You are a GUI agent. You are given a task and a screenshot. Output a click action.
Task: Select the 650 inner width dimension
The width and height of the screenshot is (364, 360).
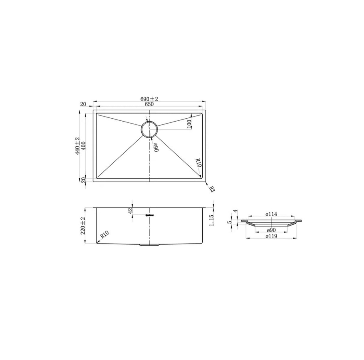149,104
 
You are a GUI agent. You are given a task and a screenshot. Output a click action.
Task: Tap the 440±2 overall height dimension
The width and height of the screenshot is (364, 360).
78,146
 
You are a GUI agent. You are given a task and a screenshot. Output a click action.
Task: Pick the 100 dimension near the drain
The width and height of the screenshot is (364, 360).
189,123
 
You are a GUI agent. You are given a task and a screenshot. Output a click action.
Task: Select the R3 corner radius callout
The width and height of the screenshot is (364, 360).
212,189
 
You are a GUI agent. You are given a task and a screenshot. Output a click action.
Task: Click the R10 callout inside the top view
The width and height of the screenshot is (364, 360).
198,164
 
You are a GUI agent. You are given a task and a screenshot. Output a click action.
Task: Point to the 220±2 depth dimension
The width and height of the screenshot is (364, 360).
83,225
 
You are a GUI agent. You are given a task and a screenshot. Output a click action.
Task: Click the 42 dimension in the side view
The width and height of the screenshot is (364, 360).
130,211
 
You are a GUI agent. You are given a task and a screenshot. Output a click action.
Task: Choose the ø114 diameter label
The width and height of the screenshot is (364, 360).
271,214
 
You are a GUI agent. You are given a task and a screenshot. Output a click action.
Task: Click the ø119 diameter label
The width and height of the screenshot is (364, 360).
271,237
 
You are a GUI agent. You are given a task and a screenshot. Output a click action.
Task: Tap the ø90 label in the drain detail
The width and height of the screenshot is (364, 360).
271,230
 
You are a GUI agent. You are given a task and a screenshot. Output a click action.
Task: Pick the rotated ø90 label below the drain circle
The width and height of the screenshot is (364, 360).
155,147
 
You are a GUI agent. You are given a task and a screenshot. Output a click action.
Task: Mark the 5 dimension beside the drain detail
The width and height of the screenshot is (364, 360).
229,222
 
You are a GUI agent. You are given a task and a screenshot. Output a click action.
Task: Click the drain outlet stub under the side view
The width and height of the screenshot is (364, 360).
149,245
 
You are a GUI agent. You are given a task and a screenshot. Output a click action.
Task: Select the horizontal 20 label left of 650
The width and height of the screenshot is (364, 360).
83,104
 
